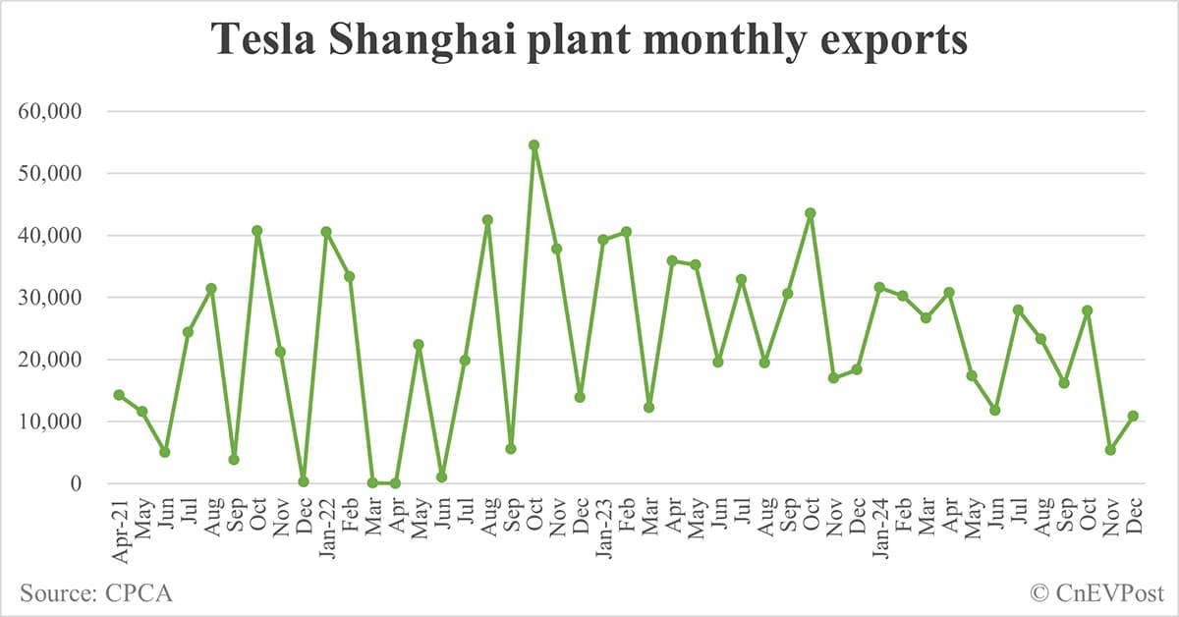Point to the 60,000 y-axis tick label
(x=57, y=111)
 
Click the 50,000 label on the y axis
(x=57, y=173)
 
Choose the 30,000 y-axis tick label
(x=57, y=298)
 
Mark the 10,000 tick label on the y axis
(x=57, y=421)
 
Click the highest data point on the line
(x=533, y=145)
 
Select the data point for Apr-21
(x=119, y=395)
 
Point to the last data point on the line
(x=1133, y=416)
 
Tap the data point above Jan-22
(x=326, y=232)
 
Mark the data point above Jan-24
(x=879, y=287)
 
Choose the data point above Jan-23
(x=603, y=240)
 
